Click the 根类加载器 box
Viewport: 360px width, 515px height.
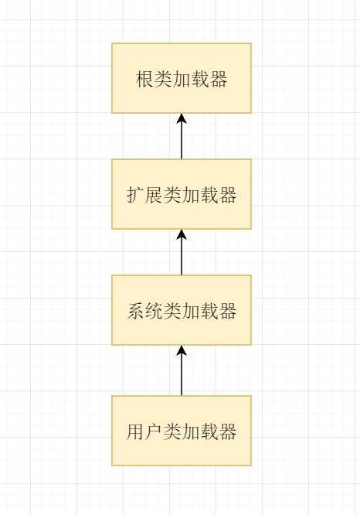tap(182, 78)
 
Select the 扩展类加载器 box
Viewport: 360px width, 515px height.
tap(182, 194)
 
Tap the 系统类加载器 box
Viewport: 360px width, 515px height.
tap(182, 310)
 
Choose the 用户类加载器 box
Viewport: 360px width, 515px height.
tap(182, 431)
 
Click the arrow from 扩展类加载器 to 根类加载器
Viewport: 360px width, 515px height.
tap(182, 136)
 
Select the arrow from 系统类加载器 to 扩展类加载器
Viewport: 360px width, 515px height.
tap(182, 252)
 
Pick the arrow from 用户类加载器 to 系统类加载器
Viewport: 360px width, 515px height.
tap(182, 370)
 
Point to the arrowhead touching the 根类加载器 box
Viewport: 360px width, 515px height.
tap(182, 118)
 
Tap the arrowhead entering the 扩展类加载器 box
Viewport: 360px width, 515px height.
tap(182, 234)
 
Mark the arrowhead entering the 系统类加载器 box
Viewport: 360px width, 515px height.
tap(182, 350)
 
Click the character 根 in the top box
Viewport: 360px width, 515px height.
tap(144, 79)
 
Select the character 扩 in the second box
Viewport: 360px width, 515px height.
tap(135, 195)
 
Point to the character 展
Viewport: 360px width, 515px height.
tap(154, 195)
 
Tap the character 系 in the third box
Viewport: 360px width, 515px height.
tap(135, 311)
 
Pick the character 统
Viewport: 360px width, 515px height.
tap(154, 311)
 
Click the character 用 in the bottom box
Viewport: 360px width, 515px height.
tap(135, 431)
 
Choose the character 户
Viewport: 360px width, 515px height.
tap(154, 431)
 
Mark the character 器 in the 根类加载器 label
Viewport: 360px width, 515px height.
tap(218, 79)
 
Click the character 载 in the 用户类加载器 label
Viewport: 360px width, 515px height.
tap(209, 431)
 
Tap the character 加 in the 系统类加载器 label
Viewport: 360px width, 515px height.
tap(191, 311)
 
